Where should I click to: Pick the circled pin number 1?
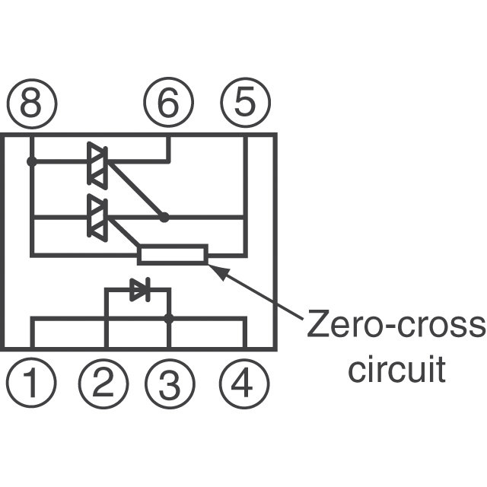tap(31, 383)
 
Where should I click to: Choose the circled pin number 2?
tap(105, 383)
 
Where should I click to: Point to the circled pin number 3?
tap(169, 383)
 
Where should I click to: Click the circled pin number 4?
tap(245, 383)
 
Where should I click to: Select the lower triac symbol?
tap(97, 218)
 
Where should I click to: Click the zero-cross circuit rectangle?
tap(173, 255)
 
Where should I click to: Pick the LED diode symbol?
tap(139, 289)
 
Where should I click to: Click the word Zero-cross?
tap(395, 326)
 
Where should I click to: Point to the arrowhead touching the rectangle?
tap(216, 268)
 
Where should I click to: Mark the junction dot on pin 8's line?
tap(31, 161)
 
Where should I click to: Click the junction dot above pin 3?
tap(169, 319)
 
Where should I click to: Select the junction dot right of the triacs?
tap(164, 218)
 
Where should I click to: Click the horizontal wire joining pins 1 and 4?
tap(137, 320)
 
